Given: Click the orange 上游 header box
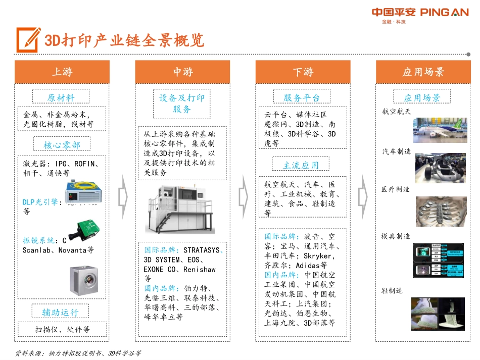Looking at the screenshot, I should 62,72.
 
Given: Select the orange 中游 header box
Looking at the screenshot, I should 182,72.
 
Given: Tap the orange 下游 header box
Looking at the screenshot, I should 303,72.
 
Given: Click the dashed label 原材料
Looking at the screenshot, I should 61,97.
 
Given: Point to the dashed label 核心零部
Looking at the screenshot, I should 62,145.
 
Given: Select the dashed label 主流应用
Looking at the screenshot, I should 301,165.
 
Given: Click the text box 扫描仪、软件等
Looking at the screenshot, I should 62,330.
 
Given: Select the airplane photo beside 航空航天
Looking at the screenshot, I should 440,130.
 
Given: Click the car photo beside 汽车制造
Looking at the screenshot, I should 441,168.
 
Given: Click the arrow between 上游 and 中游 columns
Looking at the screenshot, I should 122,197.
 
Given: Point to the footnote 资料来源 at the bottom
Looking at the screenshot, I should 78,353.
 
